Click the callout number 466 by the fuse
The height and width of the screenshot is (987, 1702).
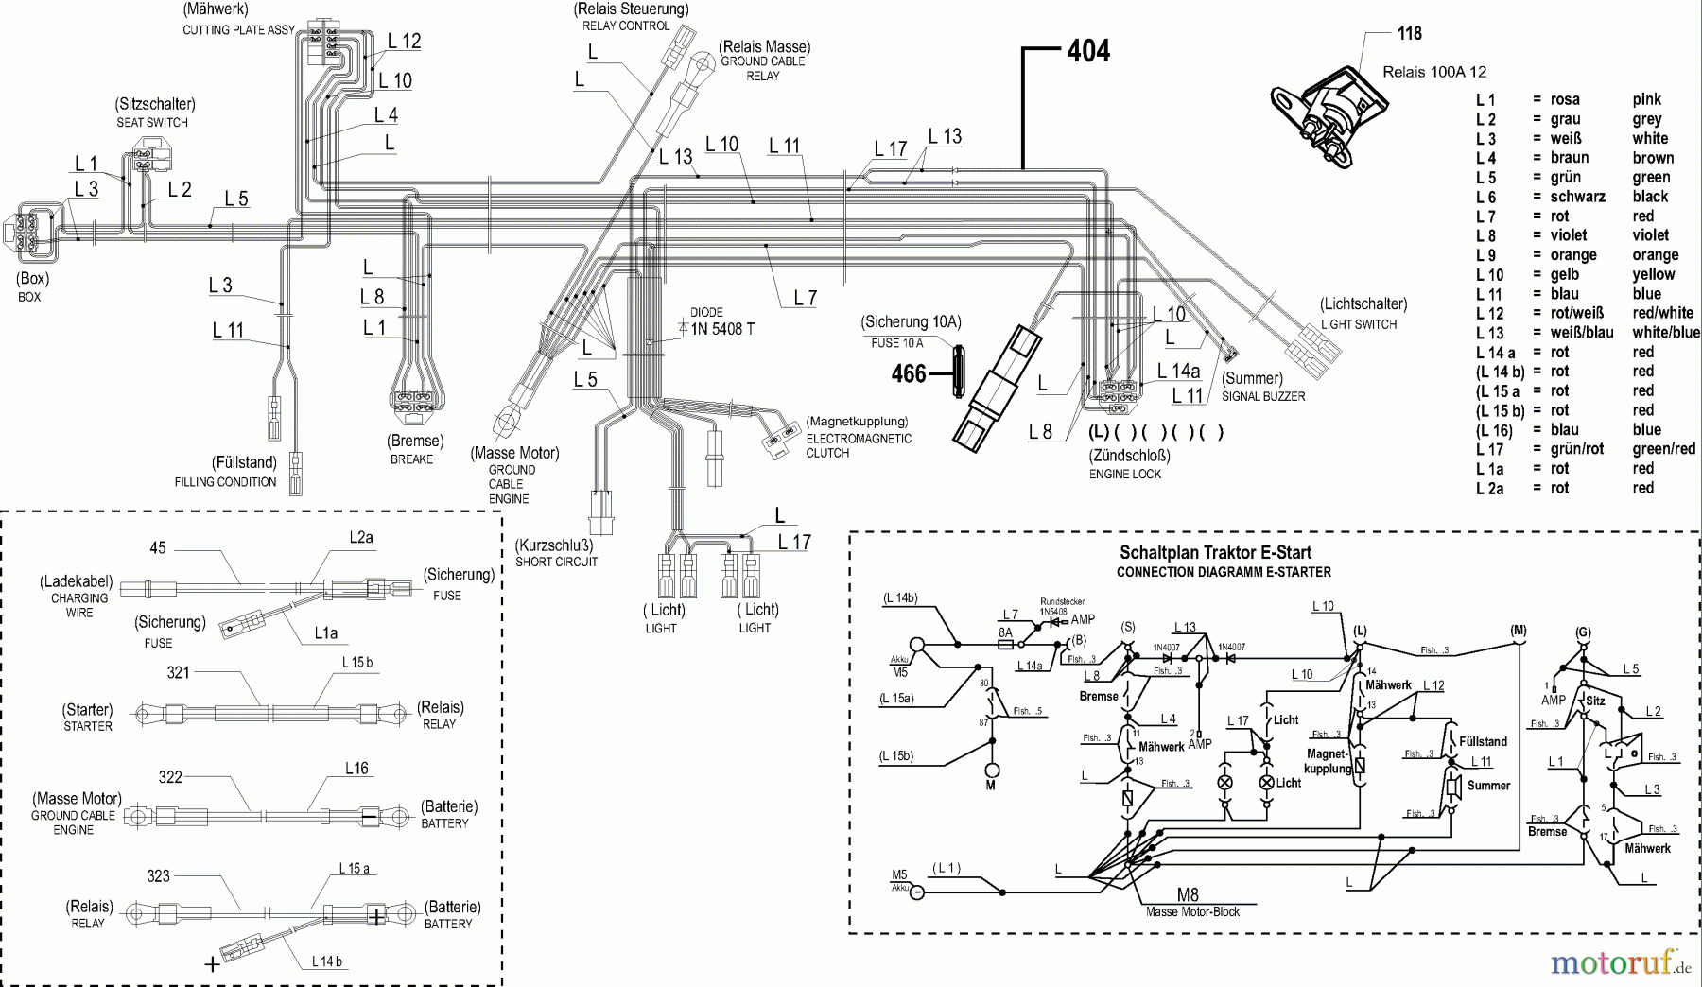click(909, 373)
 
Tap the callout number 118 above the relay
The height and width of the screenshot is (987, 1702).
click(1409, 33)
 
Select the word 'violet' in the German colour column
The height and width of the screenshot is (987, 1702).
click(1569, 235)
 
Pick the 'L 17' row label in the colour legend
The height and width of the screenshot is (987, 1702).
click(1489, 449)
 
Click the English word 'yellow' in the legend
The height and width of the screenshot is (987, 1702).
click(1653, 274)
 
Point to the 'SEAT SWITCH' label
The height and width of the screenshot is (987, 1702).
click(152, 122)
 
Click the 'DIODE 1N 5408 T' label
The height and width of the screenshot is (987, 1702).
click(721, 321)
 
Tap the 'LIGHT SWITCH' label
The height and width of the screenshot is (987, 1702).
click(1358, 324)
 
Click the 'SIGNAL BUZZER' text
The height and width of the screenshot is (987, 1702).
click(1262, 396)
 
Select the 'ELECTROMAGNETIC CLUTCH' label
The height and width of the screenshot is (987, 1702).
click(858, 445)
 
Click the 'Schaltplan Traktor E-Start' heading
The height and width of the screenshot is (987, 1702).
click(1215, 552)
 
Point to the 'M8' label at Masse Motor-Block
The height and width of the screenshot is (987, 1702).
click(1188, 894)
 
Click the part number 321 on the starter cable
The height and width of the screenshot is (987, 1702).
click(178, 672)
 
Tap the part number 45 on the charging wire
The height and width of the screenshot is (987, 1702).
click(158, 547)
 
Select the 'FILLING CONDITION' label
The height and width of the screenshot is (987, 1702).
click(225, 482)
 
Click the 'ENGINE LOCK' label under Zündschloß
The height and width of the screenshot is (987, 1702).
click(1124, 474)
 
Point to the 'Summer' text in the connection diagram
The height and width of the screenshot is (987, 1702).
click(1488, 786)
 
